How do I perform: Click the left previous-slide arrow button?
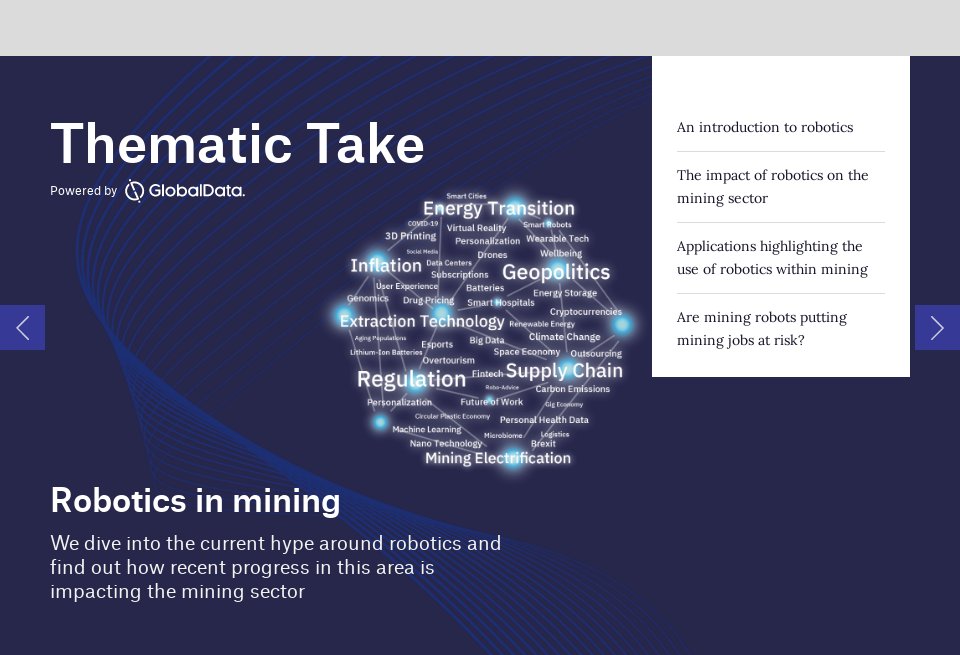[x=22, y=327]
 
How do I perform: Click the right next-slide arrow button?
[x=937, y=327]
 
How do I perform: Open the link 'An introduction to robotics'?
[x=764, y=127]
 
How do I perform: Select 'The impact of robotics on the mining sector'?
[x=772, y=186]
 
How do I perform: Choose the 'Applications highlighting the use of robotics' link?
[x=772, y=257]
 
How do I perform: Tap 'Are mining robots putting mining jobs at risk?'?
[x=761, y=328]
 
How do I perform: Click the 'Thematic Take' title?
[x=237, y=144]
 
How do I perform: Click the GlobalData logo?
[x=185, y=190]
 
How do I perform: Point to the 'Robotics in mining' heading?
[x=195, y=500]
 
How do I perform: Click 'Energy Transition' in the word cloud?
[x=498, y=208]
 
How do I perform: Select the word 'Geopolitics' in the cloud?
[x=555, y=272]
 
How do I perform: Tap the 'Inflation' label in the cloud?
[x=385, y=265]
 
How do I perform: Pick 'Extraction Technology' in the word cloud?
[x=421, y=321]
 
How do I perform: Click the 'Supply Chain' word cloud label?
[x=563, y=371]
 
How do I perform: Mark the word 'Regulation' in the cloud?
[x=411, y=379]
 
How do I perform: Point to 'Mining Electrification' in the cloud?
[x=497, y=458]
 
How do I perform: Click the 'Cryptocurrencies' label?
[x=585, y=312]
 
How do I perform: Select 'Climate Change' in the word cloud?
[x=564, y=337]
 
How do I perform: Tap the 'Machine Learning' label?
[x=426, y=429]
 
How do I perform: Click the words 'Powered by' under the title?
[x=83, y=191]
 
